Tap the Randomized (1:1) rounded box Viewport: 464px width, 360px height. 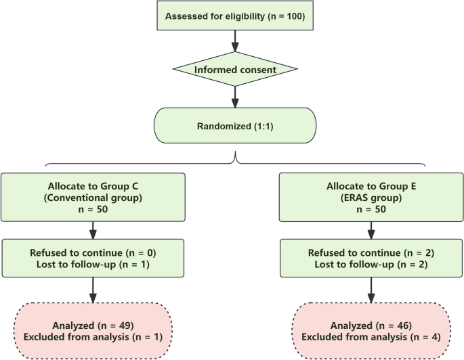pos(235,126)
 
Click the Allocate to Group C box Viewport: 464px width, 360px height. pos(93,196)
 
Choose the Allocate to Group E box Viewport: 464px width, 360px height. pos(371,196)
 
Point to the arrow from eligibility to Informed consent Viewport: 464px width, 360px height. pos(235,41)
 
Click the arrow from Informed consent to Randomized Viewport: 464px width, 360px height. pos(235,96)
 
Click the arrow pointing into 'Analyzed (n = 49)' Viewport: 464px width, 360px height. pos(93,289)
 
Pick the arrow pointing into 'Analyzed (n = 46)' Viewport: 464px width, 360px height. pos(371,289)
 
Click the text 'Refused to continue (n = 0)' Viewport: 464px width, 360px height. pos(93,252)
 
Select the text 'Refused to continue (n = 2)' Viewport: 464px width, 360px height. pos(371,252)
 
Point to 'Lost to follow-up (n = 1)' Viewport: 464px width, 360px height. pos(93,264)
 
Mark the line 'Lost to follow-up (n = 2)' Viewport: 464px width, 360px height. pos(371,264)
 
